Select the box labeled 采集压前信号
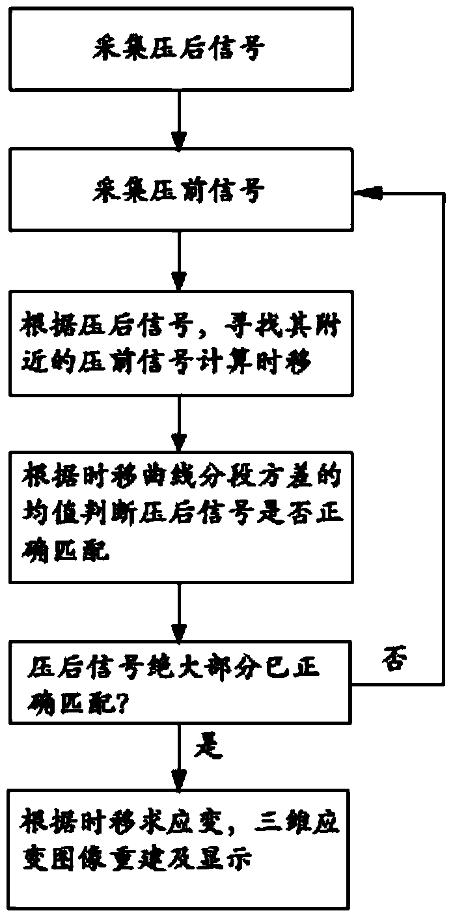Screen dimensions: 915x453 click(178, 193)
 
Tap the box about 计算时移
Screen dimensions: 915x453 click(178, 344)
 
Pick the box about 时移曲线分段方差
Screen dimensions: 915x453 click(178, 509)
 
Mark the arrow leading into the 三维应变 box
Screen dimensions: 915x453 click(178, 759)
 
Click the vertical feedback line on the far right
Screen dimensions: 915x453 click(443, 436)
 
